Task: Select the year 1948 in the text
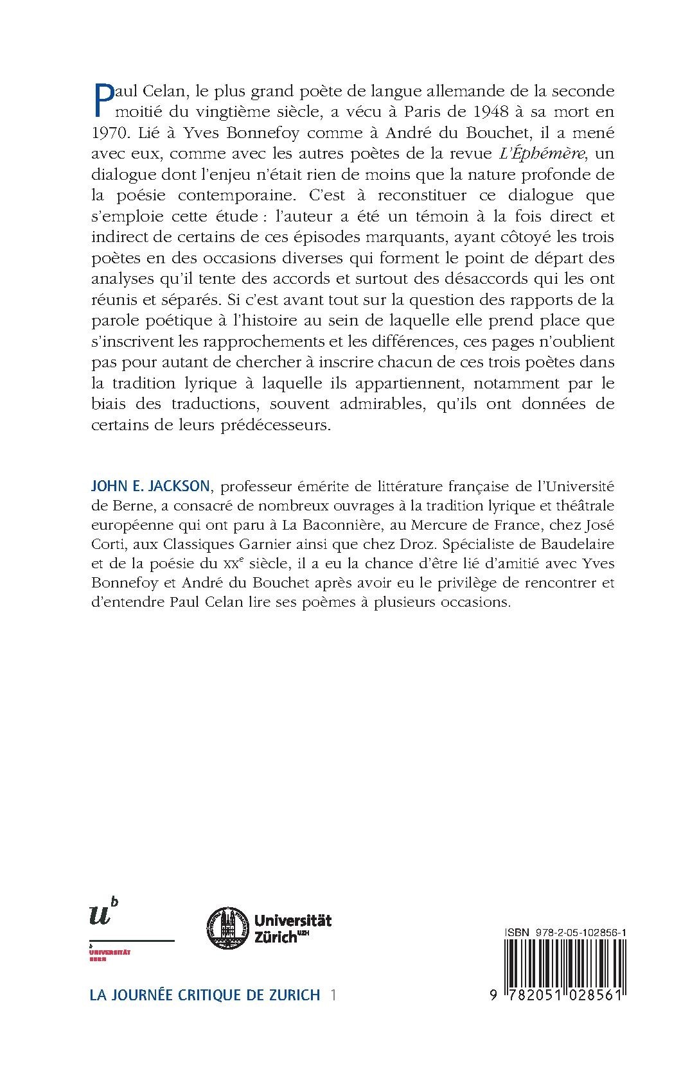[x=467, y=111]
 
